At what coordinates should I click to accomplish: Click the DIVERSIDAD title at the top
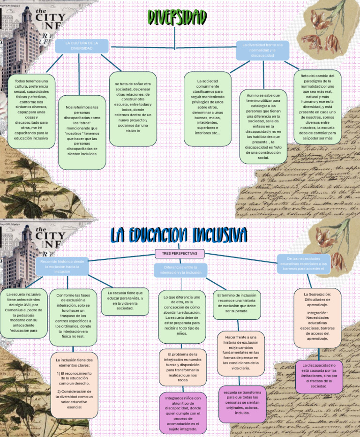coord(177,17)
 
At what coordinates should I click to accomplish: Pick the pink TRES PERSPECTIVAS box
coord(180,254)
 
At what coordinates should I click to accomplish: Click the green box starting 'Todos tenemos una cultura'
coord(31,111)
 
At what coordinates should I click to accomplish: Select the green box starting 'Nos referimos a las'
coord(82,133)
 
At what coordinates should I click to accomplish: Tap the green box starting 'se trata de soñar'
coord(133,108)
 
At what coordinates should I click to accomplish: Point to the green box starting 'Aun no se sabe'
coord(263,127)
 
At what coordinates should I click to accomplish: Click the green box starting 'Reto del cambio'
coord(317,107)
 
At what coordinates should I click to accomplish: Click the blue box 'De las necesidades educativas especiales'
coord(303,264)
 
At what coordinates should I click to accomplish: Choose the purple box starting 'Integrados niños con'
coord(182,413)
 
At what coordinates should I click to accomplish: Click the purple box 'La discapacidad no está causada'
coord(319,376)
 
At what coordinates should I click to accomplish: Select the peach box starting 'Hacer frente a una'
coord(241,353)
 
